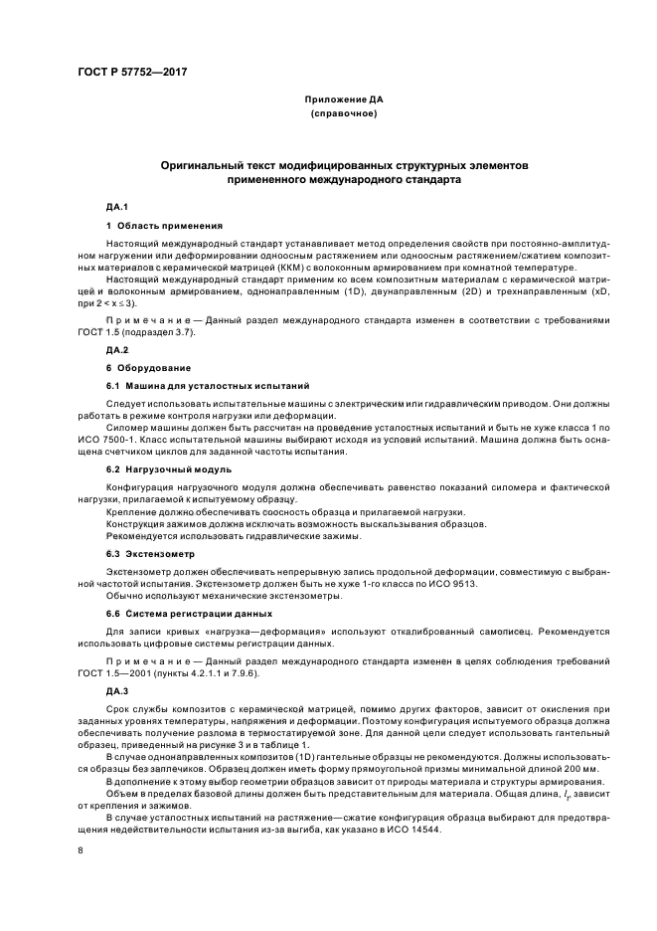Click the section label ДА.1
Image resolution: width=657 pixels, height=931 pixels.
point(118,207)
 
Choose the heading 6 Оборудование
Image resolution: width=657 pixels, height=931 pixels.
point(149,368)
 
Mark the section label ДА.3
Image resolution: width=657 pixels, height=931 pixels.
point(118,689)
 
